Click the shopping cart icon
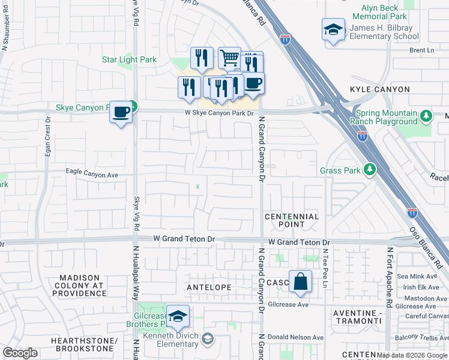tap(229, 58)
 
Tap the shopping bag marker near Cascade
tap(300, 281)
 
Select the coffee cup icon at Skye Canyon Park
tap(121, 112)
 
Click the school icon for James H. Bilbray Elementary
tap(333, 29)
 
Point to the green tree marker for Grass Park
tap(371, 170)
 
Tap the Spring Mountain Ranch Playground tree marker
tap(426, 115)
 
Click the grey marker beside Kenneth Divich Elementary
tap(207, 339)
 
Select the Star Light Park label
tap(129, 59)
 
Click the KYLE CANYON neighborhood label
tap(380, 89)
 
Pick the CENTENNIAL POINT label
tap(291, 220)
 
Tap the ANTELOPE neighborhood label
tap(209, 287)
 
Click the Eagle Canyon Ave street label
tap(92, 175)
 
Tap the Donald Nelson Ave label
tap(292, 337)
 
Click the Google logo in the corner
tap(20, 353)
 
